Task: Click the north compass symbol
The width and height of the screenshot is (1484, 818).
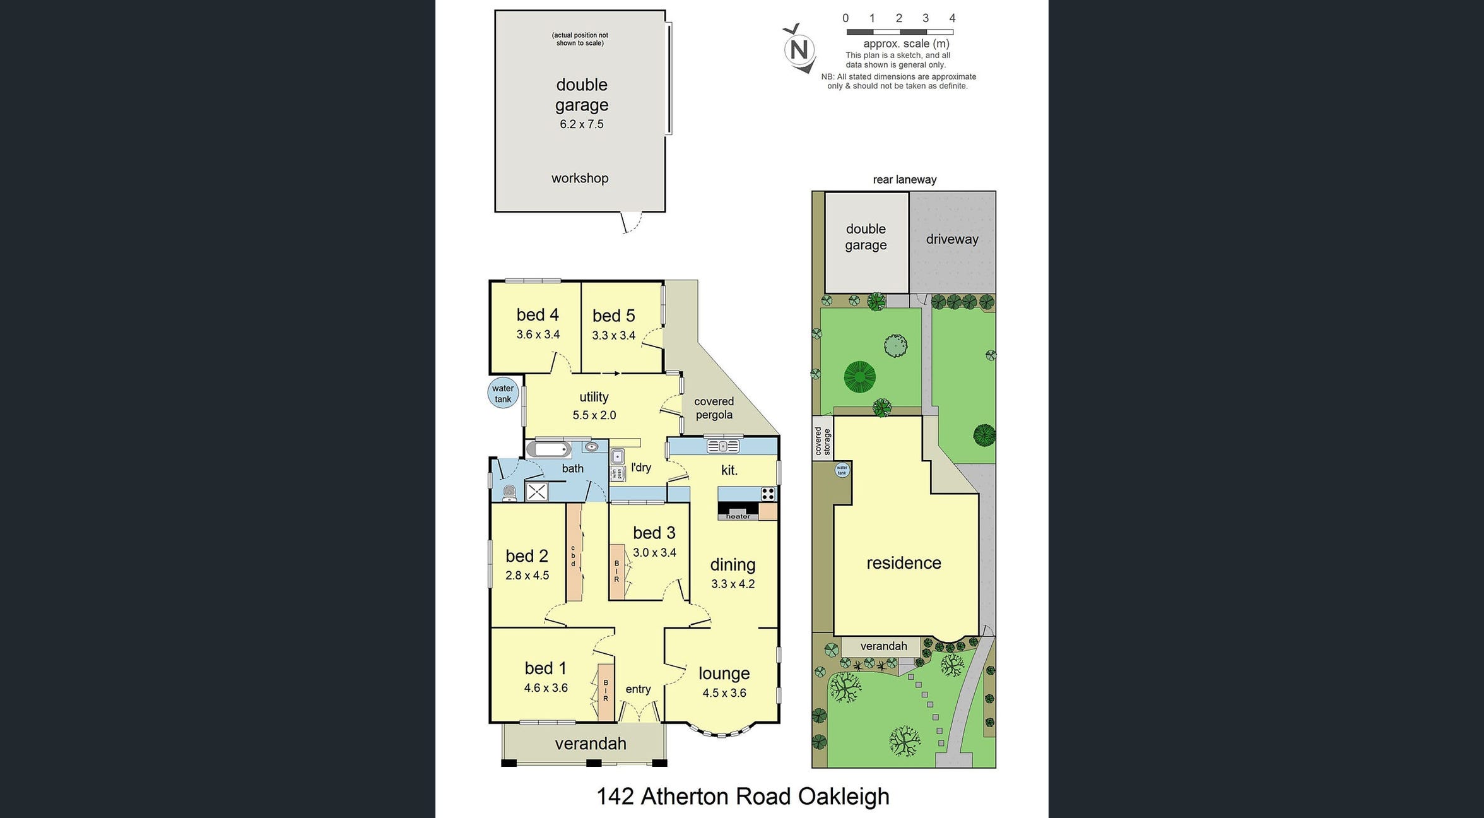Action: pyautogui.click(x=799, y=49)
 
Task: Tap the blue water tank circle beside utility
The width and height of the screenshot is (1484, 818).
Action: pyautogui.click(x=503, y=393)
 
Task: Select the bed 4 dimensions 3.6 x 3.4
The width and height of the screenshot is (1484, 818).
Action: pyautogui.click(x=538, y=335)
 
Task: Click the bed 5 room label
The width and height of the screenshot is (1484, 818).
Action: pyautogui.click(x=613, y=316)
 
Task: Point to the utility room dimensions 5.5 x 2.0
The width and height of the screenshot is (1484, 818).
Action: pyautogui.click(x=594, y=415)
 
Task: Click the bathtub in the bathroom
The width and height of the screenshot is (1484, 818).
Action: pyautogui.click(x=549, y=449)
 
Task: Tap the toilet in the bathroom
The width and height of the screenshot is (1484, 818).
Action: pyautogui.click(x=510, y=493)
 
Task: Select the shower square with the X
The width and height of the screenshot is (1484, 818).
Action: pyautogui.click(x=536, y=492)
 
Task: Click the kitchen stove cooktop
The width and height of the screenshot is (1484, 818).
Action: pyautogui.click(x=767, y=494)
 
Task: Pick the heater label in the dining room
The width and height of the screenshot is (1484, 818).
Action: pyautogui.click(x=738, y=516)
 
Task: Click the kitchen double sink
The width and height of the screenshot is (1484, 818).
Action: pyautogui.click(x=722, y=446)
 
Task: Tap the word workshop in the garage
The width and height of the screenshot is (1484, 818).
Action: pyautogui.click(x=579, y=178)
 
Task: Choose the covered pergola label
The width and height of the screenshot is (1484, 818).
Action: pyautogui.click(x=714, y=408)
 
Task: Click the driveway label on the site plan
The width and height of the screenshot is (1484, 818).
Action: pyautogui.click(x=951, y=239)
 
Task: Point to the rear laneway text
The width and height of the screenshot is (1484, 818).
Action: pyautogui.click(x=904, y=180)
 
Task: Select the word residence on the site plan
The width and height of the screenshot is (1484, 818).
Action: pyautogui.click(x=904, y=563)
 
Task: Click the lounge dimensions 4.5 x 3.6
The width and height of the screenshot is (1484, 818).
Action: pyautogui.click(x=724, y=693)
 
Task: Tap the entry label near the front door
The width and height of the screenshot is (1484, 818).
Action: pyautogui.click(x=638, y=689)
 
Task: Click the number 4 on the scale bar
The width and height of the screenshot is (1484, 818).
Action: pyautogui.click(x=952, y=18)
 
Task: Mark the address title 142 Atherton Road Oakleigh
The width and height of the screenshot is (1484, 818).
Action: pyautogui.click(x=743, y=797)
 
